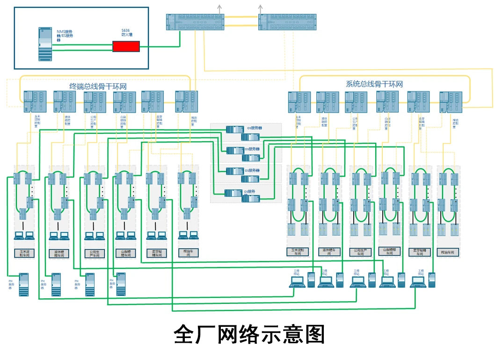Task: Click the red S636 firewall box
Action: tap(126, 46)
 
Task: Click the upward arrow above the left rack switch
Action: tap(218, 8)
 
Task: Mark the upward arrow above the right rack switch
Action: tap(260, 8)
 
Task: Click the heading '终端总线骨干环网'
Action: tap(98, 86)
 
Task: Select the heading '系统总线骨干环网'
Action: tap(374, 84)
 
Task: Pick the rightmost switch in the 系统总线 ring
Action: tap(451, 102)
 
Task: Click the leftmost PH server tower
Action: tap(24, 284)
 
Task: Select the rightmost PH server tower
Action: tap(121, 284)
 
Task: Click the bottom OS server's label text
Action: tap(250, 192)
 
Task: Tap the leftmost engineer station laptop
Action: tap(297, 281)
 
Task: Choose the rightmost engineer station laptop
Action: tap(418, 281)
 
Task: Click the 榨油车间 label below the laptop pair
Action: tap(187, 253)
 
